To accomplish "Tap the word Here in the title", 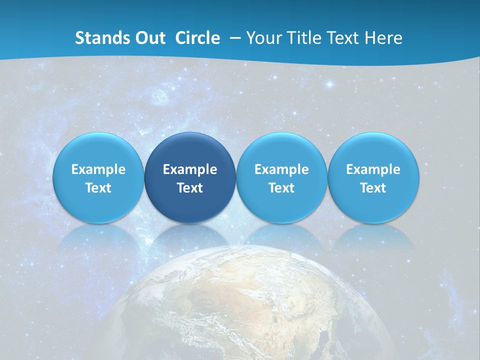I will (x=383, y=38).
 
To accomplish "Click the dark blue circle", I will (x=190, y=178).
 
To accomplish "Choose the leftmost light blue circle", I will (x=98, y=178).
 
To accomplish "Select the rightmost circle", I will (x=373, y=178).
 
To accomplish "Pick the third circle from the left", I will (x=281, y=178).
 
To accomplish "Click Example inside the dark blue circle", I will (x=190, y=169).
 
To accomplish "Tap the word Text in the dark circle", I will (x=190, y=188).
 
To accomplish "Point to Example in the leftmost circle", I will (x=98, y=169).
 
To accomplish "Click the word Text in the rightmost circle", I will (x=373, y=188).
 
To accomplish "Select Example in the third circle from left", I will (x=281, y=169).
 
